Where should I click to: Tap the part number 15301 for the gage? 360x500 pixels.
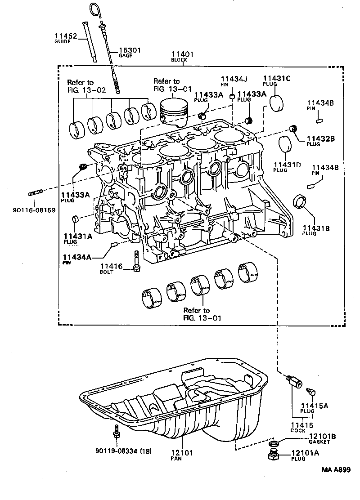129,50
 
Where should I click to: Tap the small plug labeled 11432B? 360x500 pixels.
294,128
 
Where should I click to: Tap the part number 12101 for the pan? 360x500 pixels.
182,453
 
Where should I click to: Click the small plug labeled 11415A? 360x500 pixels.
311,393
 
